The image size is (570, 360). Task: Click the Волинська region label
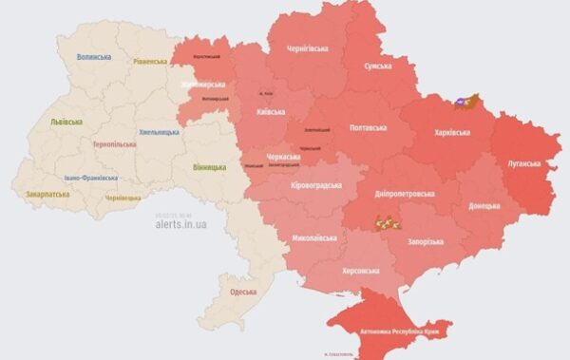pyautogui.click(x=93, y=57)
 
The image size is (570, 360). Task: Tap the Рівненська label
pyautogui.click(x=149, y=62)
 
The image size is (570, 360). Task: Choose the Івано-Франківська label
pyautogui.click(x=91, y=177)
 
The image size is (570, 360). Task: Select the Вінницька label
pyautogui.click(x=208, y=168)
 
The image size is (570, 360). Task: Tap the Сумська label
pyautogui.click(x=383, y=67)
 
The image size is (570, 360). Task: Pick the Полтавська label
pyautogui.click(x=368, y=126)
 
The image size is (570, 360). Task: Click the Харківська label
pyautogui.click(x=446, y=132)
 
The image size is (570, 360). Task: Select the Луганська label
pyautogui.click(x=521, y=163)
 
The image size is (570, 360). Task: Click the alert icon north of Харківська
pyautogui.click(x=466, y=99)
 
